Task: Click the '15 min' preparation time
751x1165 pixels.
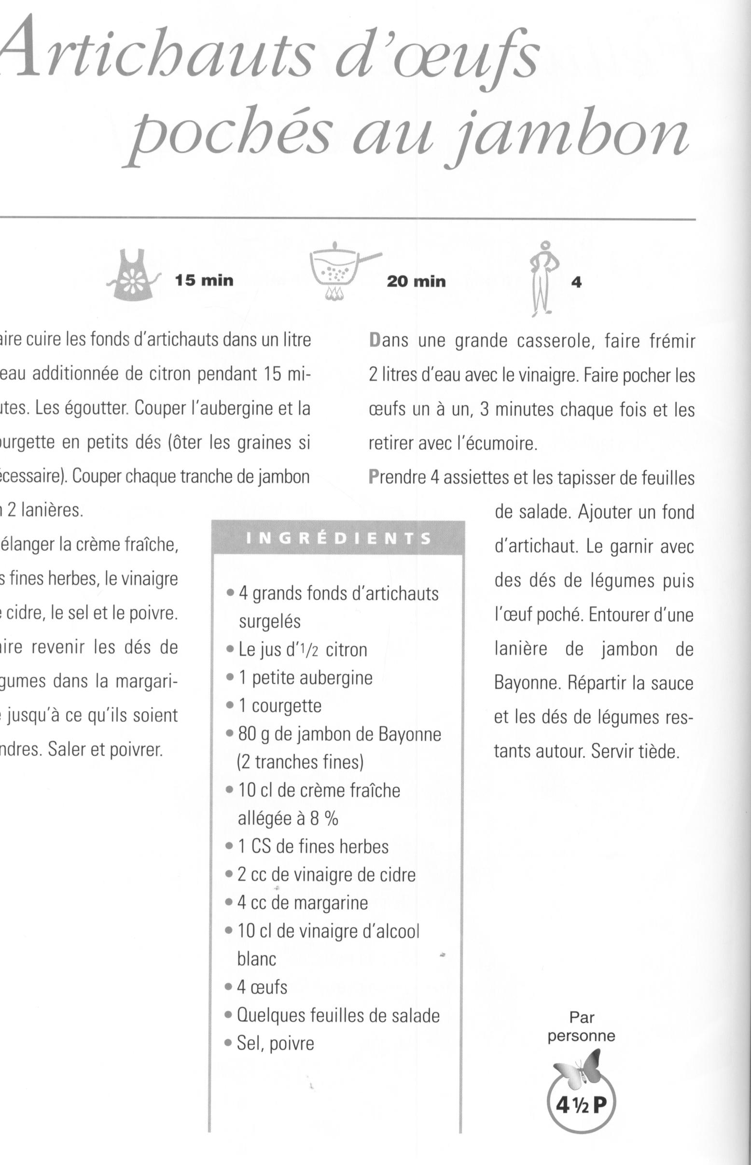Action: coord(204,281)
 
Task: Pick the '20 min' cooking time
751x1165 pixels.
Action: coord(416,281)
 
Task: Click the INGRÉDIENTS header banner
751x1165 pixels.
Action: coord(338,538)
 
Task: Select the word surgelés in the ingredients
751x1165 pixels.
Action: coord(269,621)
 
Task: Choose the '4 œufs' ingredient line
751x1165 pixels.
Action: coord(262,987)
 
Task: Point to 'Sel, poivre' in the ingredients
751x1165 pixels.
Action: coord(275,1043)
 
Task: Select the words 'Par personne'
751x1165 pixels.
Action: coord(581,1026)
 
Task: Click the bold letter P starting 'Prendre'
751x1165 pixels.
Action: coord(374,477)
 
